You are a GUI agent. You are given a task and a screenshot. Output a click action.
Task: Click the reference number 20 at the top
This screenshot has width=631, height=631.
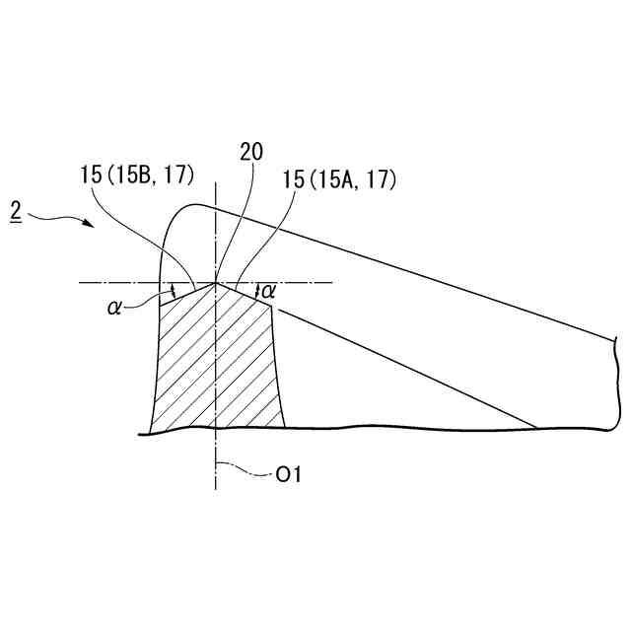tap(251, 152)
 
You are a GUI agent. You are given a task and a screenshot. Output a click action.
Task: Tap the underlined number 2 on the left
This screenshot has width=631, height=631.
tap(16, 211)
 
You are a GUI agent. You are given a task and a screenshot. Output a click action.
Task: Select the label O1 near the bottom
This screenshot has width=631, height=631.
tap(289, 475)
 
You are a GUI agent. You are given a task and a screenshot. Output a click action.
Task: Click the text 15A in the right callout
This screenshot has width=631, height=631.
tap(337, 179)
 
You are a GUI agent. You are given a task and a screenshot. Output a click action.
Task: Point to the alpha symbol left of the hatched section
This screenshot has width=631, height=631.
tap(114, 308)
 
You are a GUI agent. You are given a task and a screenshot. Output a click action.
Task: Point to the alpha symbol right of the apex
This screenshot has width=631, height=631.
tap(268, 291)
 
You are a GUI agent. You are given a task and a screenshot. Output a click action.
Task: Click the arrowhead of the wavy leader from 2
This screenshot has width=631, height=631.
tap(90, 224)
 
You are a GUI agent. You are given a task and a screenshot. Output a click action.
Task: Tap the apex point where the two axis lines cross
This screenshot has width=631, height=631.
tap(216, 283)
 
